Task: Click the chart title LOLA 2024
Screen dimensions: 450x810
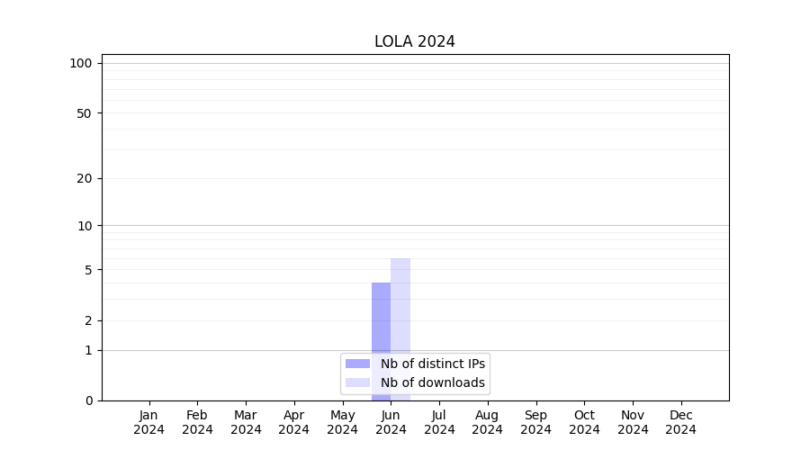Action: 415,41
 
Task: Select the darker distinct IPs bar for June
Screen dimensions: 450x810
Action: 381,324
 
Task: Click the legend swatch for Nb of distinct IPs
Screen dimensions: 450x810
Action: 357,364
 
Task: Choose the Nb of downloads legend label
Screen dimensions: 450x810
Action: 433,382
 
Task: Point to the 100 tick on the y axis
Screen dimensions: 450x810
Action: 81,63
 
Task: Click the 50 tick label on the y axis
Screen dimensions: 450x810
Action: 85,113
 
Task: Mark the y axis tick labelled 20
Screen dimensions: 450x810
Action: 85,178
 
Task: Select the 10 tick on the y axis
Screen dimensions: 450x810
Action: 85,226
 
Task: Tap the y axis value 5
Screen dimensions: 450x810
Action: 88,270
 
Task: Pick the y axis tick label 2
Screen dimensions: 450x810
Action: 88,320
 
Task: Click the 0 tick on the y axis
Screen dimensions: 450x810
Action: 88,400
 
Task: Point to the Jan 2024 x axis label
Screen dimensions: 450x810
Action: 149,422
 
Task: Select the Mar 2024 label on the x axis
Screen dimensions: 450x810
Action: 246,422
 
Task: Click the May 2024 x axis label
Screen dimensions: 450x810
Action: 343,422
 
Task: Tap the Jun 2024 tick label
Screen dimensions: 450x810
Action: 391,422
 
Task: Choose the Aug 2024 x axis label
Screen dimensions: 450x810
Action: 488,422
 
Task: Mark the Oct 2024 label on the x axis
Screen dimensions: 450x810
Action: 584,422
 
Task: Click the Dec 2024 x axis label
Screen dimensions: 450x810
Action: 681,422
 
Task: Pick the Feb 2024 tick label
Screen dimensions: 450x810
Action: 197,422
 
